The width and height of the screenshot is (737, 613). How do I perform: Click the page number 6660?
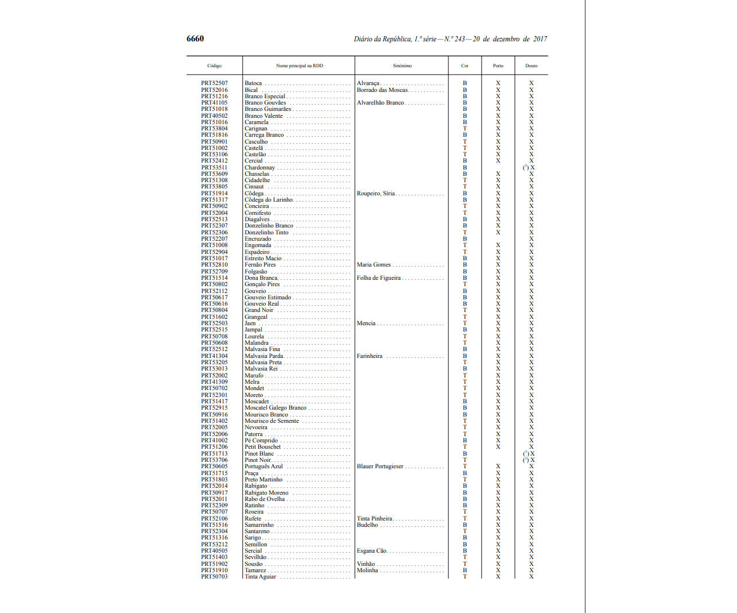tap(195, 38)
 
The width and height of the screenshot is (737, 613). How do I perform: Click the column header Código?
tap(214, 65)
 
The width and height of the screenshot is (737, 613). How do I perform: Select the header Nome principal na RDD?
tap(299, 65)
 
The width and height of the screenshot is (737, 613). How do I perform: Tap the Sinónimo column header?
tap(402, 65)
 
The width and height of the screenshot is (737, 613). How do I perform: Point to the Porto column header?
tap(498, 65)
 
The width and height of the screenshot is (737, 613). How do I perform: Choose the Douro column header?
tap(531, 65)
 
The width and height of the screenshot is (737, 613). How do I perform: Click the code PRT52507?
tap(214, 83)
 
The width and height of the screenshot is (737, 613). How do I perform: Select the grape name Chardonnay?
tap(260, 168)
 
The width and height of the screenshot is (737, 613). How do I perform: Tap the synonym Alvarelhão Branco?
tap(381, 103)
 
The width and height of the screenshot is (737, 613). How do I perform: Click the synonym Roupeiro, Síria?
tap(376, 194)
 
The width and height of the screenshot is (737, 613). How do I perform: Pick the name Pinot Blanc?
tap(259, 454)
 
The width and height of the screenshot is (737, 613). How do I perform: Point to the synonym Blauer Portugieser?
tap(380, 467)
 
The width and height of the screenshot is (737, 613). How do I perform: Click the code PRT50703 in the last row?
tap(214, 577)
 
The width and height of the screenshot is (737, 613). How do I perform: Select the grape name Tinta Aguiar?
tap(261, 577)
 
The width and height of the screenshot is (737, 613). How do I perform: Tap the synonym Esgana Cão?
tap(372, 551)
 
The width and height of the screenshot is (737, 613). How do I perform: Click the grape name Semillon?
tap(256, 545)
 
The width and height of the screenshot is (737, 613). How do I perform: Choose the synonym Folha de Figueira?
tap(379, 278)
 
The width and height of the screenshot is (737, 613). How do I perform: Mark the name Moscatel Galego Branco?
tap(276, 408)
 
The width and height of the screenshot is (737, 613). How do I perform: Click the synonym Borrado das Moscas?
tap(382, 90)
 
